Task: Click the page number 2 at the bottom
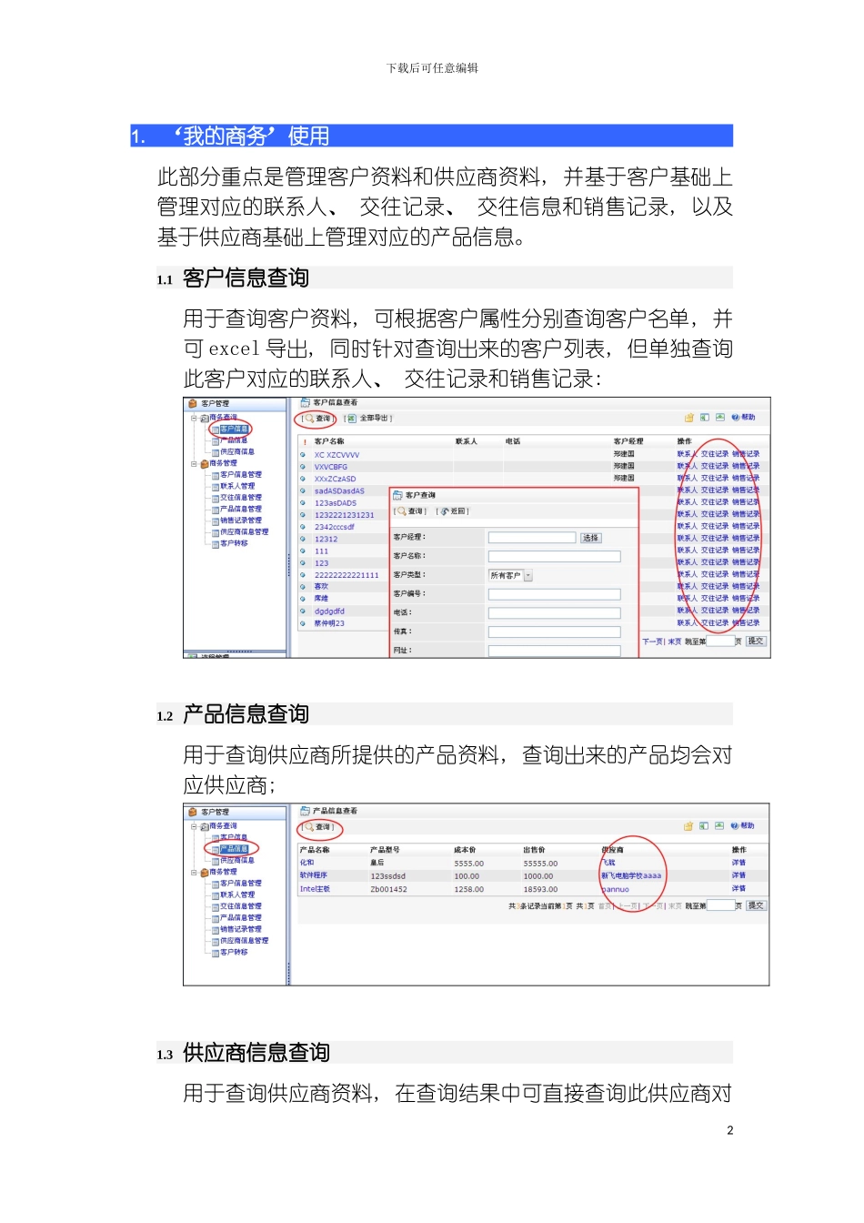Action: [729, 1130]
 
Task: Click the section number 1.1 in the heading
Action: [165, 280]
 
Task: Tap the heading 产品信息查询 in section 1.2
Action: [246, 714]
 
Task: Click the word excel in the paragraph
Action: [234, 349]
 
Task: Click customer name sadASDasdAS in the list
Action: [339, 491]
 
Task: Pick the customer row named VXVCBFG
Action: [331, 467]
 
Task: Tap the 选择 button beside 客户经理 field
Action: [590, 538]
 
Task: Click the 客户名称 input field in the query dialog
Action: [554, 556]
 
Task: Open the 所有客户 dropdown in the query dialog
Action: [510, 575]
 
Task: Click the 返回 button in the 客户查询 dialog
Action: [455, 511]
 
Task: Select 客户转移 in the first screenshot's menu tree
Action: [234, 543]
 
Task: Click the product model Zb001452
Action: [388, 889]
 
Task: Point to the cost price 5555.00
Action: [468, 864]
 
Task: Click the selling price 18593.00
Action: [540, 889]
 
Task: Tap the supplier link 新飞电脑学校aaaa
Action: [630, 875]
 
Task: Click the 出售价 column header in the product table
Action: [534, 850]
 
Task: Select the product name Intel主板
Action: [315, 889]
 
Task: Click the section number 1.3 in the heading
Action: [165, 1055]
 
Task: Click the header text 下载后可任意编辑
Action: [432, 68]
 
